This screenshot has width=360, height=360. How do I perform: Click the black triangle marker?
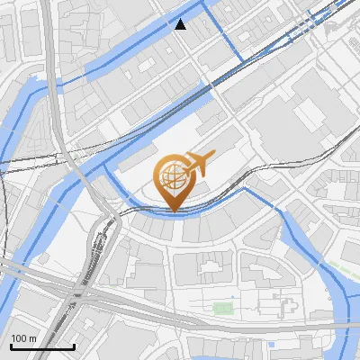click(181, 24)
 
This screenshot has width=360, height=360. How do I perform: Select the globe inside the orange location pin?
click(174, 177)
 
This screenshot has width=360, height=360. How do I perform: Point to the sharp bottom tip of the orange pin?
click(174, 211)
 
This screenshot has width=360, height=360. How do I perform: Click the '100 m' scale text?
click(23, 337)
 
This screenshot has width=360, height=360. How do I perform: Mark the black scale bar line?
click(42, 346)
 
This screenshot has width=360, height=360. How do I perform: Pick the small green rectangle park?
click(222, 309)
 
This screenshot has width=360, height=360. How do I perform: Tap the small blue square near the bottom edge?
click(272, 345)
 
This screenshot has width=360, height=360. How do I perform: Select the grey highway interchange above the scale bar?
click(54, 288)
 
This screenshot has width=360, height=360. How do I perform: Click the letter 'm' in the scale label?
click(32, 337)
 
